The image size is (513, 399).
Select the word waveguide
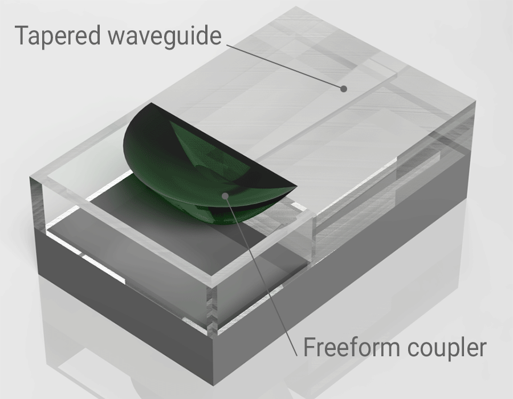coord(165,36)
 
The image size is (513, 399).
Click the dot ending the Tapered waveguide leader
coord(343,88)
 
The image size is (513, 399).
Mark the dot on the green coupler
coord(225,196)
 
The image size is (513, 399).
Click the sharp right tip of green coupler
coord(297,188)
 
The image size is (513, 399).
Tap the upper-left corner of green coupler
coord(151,103)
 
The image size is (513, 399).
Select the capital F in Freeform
coord(310,347)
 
